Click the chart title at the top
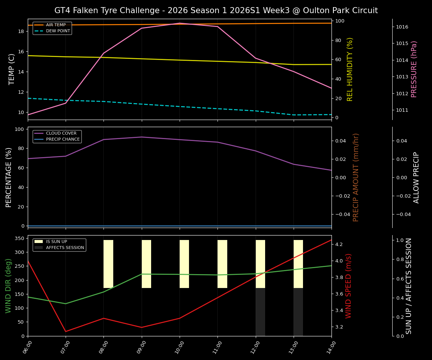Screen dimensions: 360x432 point(216,10)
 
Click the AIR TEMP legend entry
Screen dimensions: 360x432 point(55,25)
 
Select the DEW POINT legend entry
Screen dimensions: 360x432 point(58,31)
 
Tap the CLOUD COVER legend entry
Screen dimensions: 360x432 point(61,133)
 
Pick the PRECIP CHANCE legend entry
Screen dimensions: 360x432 point(63,139)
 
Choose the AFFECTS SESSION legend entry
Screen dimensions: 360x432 point(65,248)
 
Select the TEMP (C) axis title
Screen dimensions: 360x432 point(12,69)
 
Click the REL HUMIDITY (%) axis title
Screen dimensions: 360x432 point(350,69)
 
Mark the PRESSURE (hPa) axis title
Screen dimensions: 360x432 point(414,69)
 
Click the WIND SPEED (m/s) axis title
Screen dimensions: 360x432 point(349,286)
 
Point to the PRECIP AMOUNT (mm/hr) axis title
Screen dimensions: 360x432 point(356,177)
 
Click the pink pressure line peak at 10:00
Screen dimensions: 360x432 point(180,23)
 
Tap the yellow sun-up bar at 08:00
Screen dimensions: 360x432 point(108,264)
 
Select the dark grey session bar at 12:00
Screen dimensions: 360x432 point(260,312)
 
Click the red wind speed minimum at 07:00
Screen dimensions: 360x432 point(66,331)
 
